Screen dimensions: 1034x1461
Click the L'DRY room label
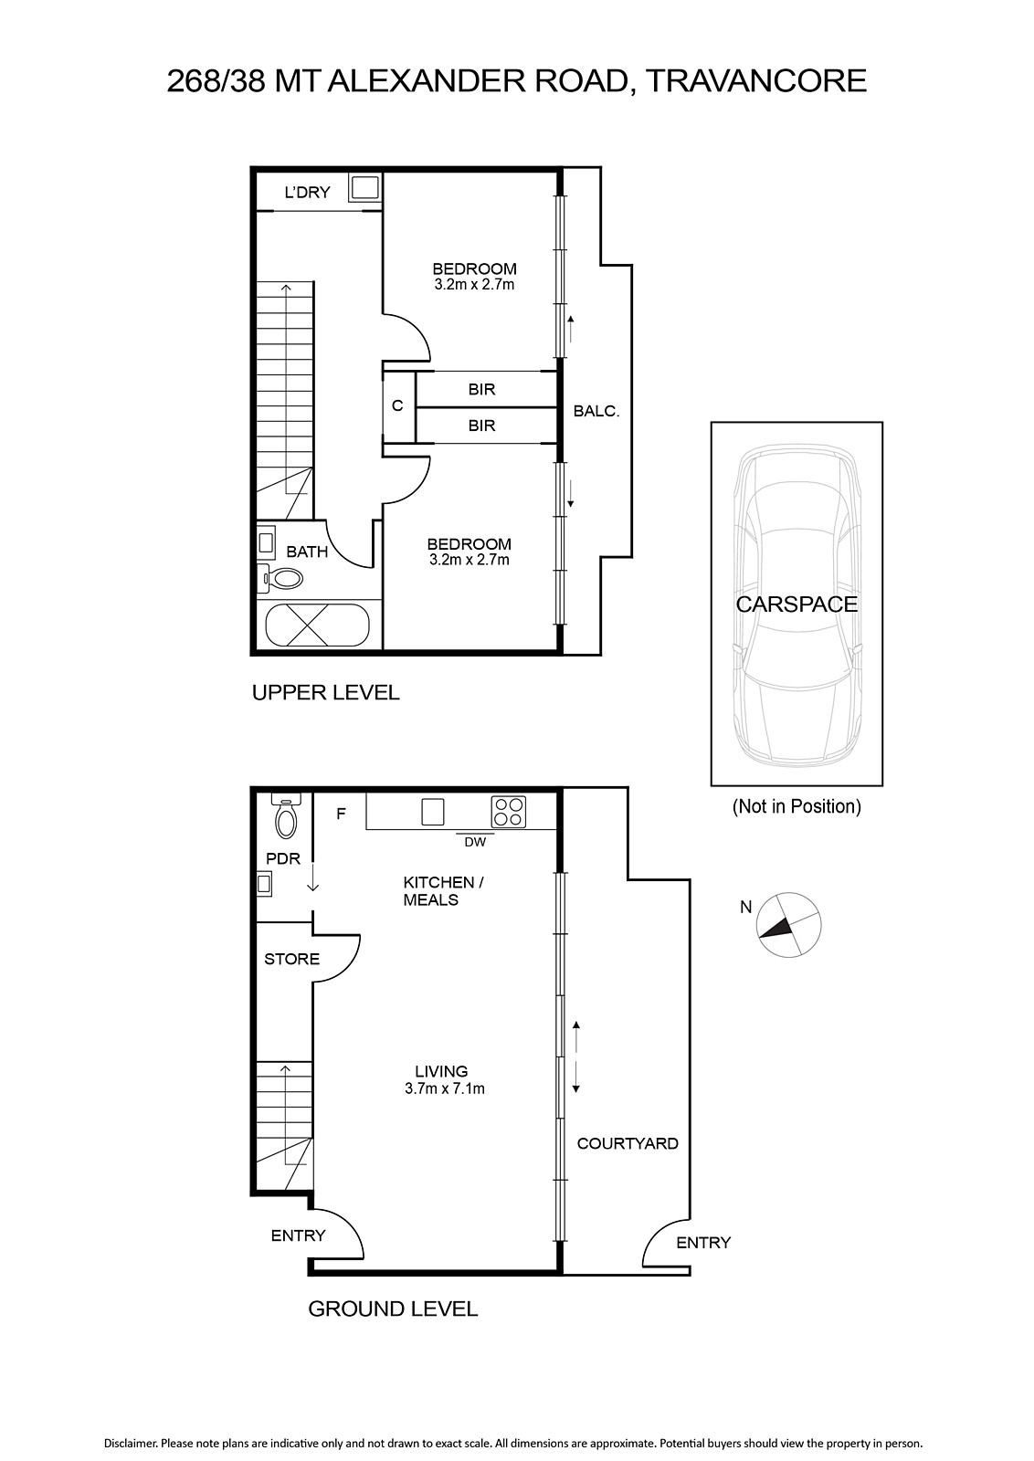307,193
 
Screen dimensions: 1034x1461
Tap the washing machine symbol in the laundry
364,188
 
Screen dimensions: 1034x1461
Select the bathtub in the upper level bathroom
317,625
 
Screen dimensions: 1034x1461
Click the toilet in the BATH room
281,578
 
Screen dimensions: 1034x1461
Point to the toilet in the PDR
287,816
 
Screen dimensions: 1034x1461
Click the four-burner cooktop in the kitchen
508,812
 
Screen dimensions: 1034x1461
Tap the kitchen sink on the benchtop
433,812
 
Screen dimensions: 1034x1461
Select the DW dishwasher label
475,842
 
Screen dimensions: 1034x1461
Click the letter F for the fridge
341,814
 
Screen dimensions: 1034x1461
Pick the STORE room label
291,959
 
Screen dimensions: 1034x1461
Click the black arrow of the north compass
775,928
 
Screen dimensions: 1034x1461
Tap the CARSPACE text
797,604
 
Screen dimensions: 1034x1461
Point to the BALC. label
596,411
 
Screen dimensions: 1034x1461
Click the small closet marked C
397,405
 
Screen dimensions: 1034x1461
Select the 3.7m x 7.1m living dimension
444,1088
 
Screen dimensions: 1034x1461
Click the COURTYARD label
628,1143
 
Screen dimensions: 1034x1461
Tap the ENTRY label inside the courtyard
703,1243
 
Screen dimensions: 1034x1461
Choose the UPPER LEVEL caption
325,692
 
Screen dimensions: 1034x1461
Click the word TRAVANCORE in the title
756,81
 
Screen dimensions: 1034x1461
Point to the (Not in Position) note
797,807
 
